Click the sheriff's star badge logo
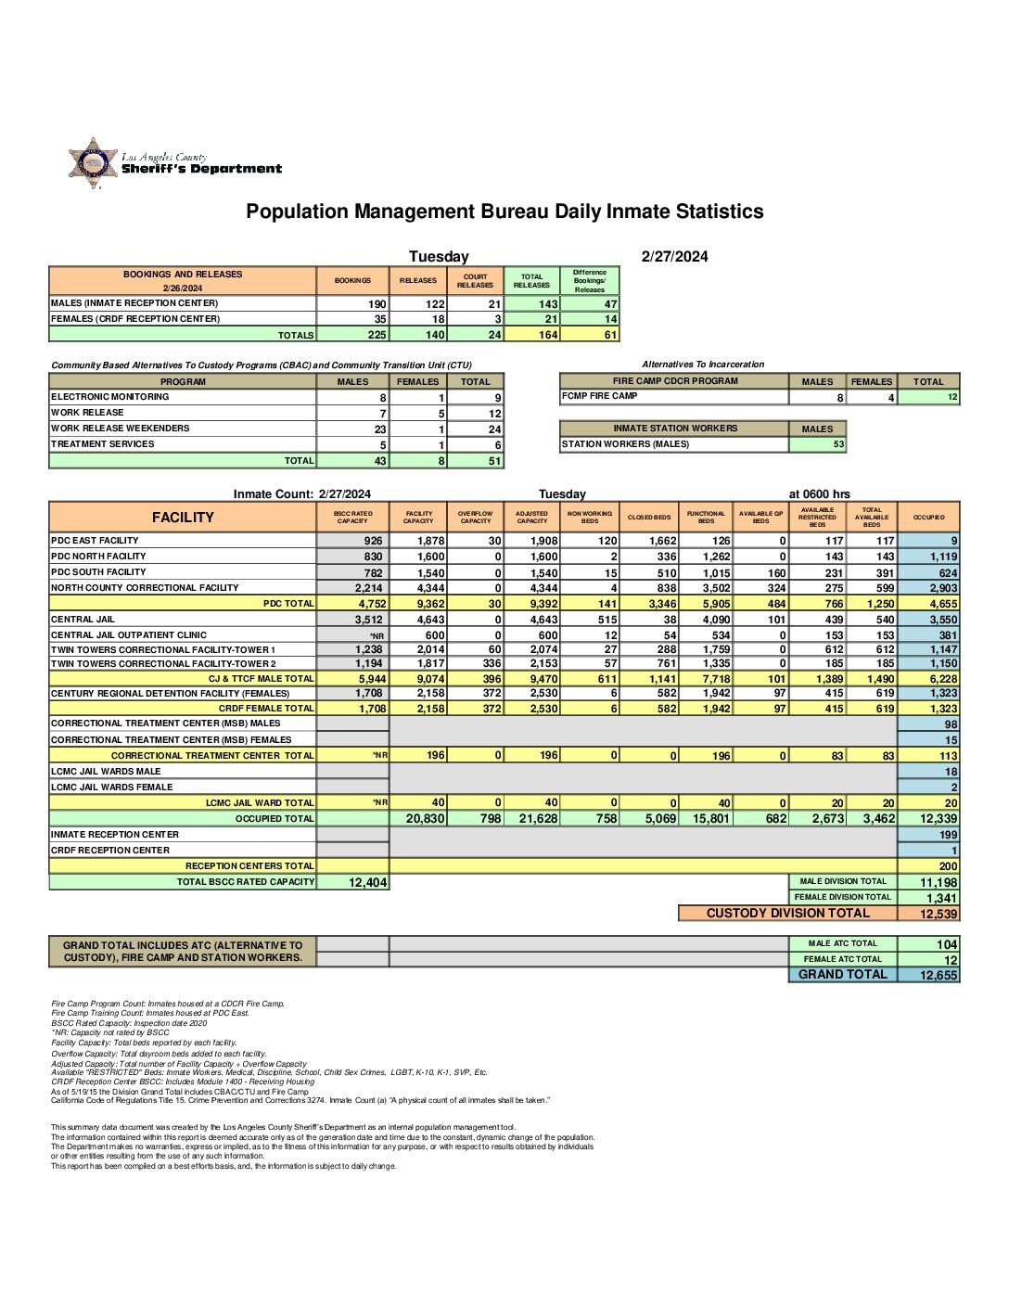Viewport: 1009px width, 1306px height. (93, 164)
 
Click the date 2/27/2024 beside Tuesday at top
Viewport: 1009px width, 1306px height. (674, 257)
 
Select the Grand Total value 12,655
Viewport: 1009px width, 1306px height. (938, 975)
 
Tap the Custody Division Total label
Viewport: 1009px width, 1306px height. (787, 914)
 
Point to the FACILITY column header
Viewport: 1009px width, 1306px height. (183, 518)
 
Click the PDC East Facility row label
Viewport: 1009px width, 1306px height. (95, 541)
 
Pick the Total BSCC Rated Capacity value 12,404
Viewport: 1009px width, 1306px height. (367, 882)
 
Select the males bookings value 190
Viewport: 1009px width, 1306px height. (377, 304)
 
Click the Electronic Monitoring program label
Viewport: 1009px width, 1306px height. (110, 397)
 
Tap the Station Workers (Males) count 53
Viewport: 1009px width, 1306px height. (838, 444)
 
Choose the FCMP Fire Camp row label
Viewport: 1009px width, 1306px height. (599, 396)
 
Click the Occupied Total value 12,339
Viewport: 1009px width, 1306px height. (938, 819)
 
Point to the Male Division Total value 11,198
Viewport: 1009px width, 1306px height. (938, 882)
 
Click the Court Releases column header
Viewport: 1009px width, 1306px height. (475, 281)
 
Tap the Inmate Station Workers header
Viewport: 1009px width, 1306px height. (674, 429)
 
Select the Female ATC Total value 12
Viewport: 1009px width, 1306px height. (951, 960)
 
